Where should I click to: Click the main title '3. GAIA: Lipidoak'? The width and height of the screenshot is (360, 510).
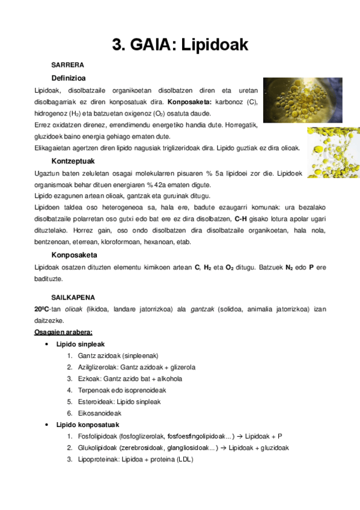tap(180, 44)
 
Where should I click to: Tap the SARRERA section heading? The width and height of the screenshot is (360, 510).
tap(68, 64)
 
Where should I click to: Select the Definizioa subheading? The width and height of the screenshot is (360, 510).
tap(69, 78)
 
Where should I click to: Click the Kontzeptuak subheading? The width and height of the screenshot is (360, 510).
tap(73, 162)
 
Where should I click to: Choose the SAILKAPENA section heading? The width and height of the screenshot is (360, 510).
tap(73, 297)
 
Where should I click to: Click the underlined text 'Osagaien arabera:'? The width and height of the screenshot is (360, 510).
tap(63, 332)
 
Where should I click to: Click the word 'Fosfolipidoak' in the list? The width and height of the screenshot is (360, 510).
tap(98, 437)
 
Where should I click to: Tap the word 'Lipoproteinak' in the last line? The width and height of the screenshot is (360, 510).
tap(99, 459)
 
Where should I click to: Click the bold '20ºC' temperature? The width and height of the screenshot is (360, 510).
tap(43, 309)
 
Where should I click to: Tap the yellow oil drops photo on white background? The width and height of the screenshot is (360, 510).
tap(333, 152)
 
